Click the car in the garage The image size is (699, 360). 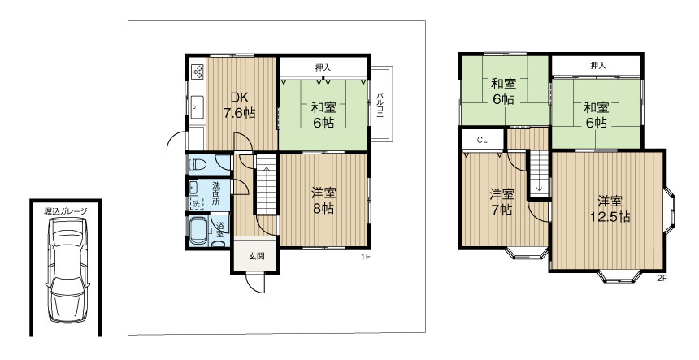coord(67,270)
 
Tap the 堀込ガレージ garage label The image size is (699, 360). coord(66,211)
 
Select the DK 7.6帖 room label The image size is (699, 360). coord(240,105)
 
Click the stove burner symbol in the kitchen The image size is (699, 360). coord(198,72)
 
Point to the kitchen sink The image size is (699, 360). coord(197,107)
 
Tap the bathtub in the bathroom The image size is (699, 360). coord(198,230)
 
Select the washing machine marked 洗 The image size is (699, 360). coord(196,204)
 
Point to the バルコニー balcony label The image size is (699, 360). coord(380,108)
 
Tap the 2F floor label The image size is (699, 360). coord(662,279)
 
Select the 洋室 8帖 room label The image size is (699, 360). coord(323,201)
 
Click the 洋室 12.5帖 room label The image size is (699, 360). coord(610,209)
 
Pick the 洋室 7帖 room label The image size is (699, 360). coord(502,202)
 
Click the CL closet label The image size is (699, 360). coord(482,140)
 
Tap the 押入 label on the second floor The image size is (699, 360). coord(597,66)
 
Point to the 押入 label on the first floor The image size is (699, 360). coord(323,67)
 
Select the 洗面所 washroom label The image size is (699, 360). coord(215,193)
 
